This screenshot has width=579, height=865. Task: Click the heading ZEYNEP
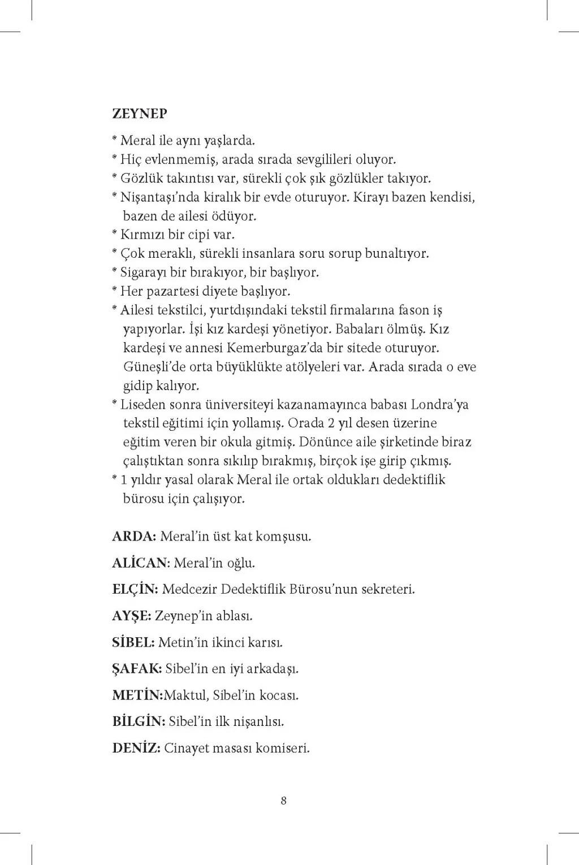(140, 114)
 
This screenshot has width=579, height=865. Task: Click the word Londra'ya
(439, 405)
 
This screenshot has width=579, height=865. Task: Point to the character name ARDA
(133, 537)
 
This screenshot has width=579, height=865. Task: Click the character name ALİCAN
(140, 563)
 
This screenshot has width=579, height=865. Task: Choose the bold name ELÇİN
(135, 589)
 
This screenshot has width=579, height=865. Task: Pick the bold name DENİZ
(136, 749)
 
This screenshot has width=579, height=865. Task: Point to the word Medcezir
(189, 589)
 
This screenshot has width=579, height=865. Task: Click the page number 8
(284, 801)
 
